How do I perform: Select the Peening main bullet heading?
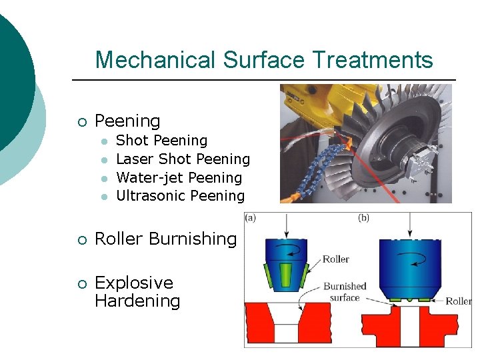(x=127, y=121)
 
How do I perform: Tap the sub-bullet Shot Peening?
(x=161, y=141)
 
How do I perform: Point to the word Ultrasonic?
(x=151, y=196)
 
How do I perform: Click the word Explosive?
(x=134, y=283)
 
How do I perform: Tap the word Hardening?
(x=137, y=301)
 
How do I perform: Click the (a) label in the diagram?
(x=251, y=217)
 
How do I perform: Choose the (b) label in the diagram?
(x=364, y=217)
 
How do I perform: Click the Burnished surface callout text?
(x=345, y=291)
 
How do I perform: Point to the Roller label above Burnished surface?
(x=336, y=259)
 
